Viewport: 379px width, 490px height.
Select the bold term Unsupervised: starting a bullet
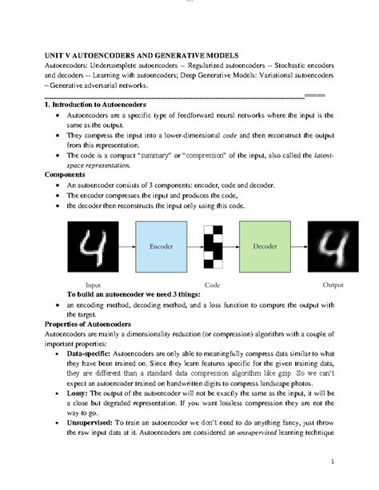(95, 429)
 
